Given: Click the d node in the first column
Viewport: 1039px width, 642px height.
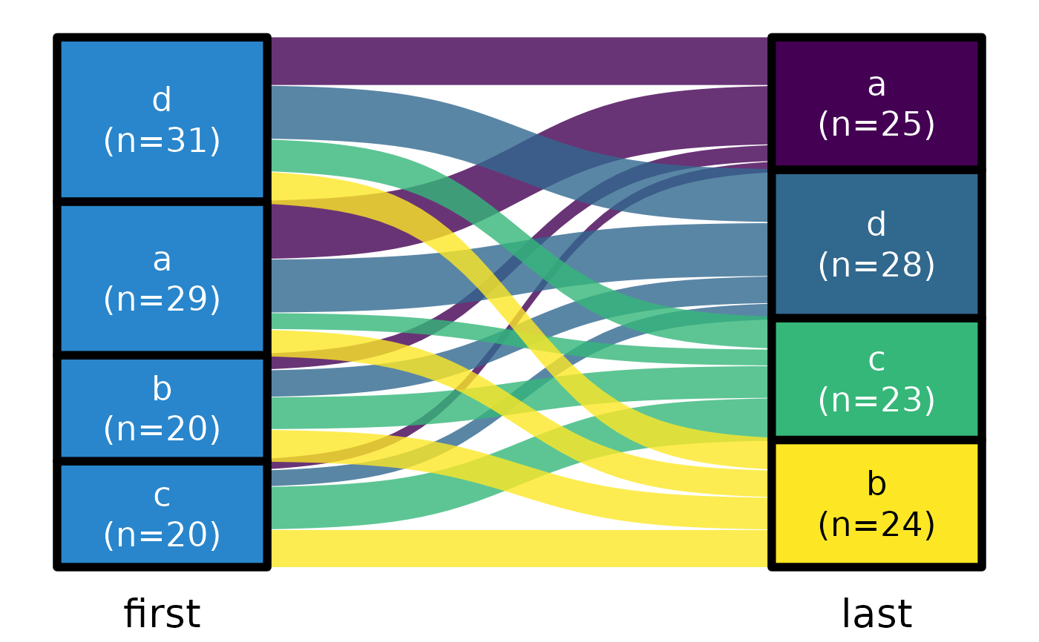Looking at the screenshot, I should pos(162,119).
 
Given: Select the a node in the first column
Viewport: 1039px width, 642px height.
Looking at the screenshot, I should pos(162,278).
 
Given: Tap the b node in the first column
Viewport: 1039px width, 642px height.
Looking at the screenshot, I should pos(162,408).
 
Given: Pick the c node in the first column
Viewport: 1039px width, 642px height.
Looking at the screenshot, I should pos(162,514).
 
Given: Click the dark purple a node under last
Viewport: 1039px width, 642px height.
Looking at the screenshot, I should pos(876,103).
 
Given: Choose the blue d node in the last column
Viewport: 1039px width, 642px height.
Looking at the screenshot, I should pos(876,244).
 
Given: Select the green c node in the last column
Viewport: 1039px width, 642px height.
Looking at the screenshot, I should pos(876,379).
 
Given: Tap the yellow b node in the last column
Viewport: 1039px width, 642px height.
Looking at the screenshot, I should pos(876,504).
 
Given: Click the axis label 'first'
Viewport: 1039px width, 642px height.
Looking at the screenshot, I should pos(162,615).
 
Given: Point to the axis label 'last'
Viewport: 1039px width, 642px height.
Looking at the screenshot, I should pos(876,615).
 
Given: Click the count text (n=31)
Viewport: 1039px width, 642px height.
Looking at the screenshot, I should pos(162,141).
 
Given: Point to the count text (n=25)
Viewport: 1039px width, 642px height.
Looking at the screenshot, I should pos(876,125).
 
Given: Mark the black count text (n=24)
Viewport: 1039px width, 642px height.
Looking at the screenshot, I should pos(876,526).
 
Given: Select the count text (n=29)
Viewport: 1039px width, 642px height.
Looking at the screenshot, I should pos(162,300).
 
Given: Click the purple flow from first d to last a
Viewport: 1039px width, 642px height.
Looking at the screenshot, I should pos(519,61).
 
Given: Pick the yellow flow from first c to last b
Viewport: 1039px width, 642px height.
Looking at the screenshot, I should pos(519,549).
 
